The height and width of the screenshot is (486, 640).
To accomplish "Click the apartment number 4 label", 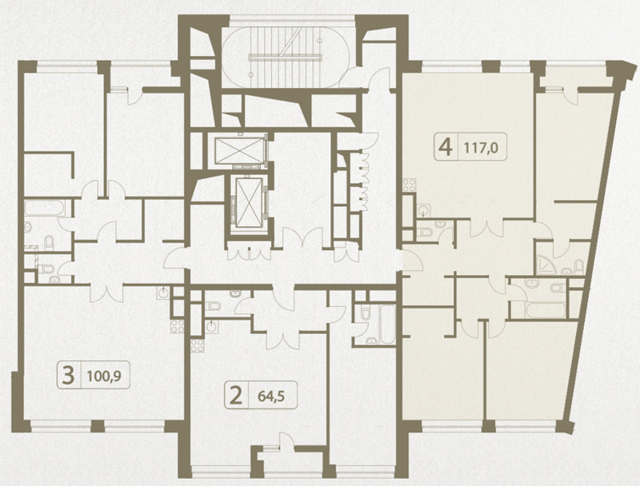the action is point(445,147).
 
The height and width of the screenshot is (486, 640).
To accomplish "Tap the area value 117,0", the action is point(482,148).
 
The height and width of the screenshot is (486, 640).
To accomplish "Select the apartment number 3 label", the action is point(68,375).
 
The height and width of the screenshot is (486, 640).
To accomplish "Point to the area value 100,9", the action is point(104,376).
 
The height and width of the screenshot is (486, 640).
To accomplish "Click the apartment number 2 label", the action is point(236,396).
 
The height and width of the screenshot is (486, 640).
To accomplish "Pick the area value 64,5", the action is point(271,396).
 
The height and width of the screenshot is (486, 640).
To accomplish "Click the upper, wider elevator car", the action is point(239,150).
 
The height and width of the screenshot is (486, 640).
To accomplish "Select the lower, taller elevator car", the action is point(249,203).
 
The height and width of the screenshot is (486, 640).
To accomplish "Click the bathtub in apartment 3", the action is point(45,209).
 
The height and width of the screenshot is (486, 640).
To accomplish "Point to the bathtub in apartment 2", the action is point(388,325).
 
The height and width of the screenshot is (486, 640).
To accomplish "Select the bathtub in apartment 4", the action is point(546,310).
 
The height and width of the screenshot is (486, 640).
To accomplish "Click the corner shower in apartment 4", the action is point(546,265).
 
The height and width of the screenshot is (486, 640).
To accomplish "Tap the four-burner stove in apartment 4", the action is point(409,185).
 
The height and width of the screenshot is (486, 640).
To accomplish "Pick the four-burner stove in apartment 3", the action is point(177,327).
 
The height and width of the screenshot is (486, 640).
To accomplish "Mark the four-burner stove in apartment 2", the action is point(197,346).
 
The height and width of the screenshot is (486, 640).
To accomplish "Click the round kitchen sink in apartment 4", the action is point(424,211).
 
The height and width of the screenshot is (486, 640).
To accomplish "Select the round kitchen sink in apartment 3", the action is point(164,293).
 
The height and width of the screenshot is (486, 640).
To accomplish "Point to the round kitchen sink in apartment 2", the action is point(211,327).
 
